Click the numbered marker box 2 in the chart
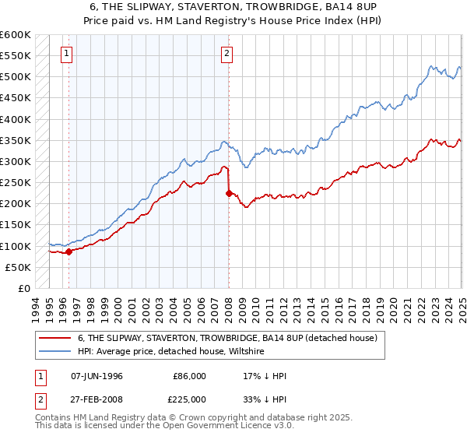(x=226, y=54)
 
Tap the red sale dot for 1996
(x=68, y=251)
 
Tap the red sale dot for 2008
(x=229, y=193)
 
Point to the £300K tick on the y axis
(x=16, y=161)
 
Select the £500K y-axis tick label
(x=16, y=77)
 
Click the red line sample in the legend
(x=55, y=338)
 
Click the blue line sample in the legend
(x=55, y=352)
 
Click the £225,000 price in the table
(x=189, y=401)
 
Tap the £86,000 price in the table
(x=189, y=376)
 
